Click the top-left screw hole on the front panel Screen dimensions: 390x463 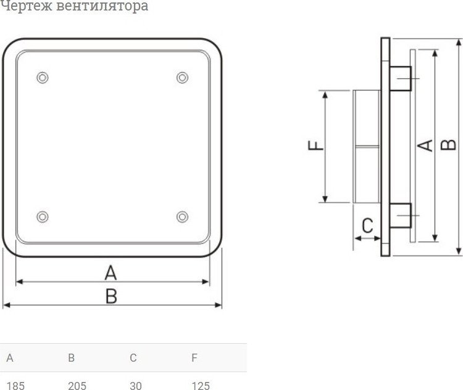(42, 78)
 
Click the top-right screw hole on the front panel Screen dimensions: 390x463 (182, 78)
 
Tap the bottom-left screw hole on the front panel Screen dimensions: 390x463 (42, 216)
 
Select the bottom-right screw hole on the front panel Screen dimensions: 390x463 (182, 216)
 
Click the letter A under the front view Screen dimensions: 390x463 (111, 272)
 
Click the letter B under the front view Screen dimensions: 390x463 (111, 297)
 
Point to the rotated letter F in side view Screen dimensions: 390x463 (315, 145)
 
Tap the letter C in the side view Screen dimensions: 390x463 (367, 226)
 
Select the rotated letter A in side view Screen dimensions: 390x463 (425, 145)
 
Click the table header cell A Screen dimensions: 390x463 (9, 357)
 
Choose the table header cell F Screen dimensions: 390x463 (194, 357)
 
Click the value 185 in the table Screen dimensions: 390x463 (15, 386)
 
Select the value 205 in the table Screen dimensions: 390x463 (77, 386)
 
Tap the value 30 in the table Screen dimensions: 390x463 (136, 386)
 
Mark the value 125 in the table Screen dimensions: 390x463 (201, 386)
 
